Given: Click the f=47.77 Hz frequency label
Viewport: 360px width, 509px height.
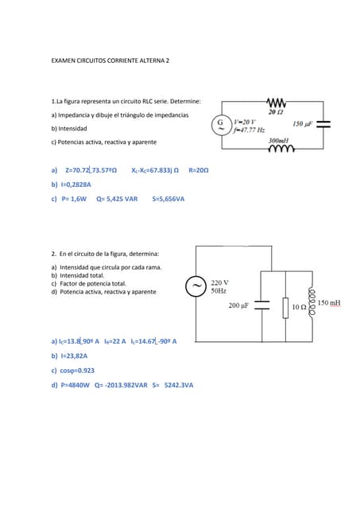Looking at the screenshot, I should (x=251, y=130).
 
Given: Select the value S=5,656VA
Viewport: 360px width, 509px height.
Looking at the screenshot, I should (x=168, y=199).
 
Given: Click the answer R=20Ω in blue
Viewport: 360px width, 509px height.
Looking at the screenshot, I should (x=199, y=170).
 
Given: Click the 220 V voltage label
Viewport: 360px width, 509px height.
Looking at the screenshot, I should (x=220, y=282).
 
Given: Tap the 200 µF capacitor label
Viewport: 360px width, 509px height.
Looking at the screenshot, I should (x=238, y=305).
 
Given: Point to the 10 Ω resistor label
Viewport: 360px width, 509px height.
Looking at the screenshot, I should (x=300, y=305).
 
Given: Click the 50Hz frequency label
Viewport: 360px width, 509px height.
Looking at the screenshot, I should (x=219, y=291).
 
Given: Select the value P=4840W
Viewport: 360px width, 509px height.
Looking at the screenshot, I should (x=75, y=385).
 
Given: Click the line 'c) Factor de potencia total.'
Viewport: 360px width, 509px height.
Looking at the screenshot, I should (x=89, y=284).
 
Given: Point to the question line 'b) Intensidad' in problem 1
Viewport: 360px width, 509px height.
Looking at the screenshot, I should (x=69, y=128).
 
